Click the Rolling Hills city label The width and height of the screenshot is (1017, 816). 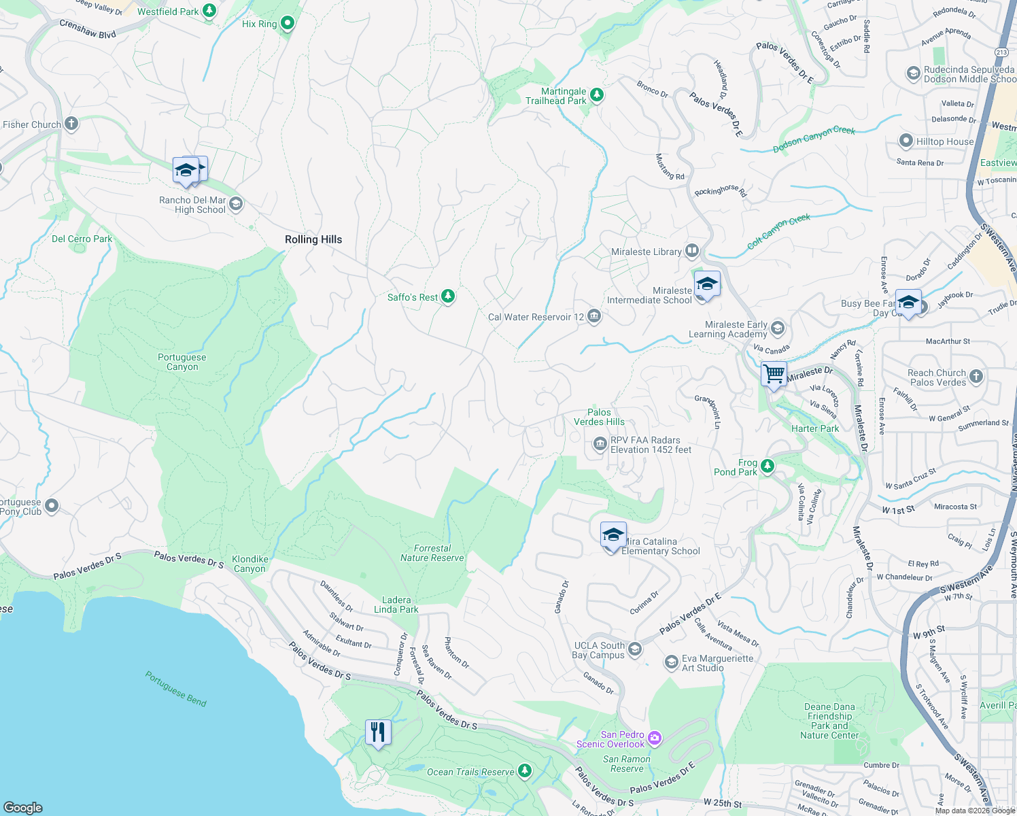(x=313, y=239)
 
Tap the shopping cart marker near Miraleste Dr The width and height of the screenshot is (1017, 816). (x=774, y=374)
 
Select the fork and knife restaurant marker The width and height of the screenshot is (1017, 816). (x=378, y=732)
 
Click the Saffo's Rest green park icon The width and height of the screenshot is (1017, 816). (x=447, y=296)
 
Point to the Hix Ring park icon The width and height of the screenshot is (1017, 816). (x=288, y=24)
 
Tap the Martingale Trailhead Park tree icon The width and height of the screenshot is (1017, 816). (x=597, y=95)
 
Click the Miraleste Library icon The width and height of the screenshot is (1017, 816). (x=692, y=251)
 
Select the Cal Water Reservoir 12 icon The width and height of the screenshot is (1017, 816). (x=594, y=316)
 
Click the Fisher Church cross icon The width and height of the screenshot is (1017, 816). (x=71, y=124)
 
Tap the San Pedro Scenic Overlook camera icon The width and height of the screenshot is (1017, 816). (x=655, y=738)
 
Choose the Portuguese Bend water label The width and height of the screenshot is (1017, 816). (x=175, y=689)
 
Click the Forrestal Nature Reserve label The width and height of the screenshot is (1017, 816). (x=432, y=553)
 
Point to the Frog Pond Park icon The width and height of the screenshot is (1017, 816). (x=768, y=466)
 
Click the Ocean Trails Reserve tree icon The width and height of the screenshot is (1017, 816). (x=524, y=770)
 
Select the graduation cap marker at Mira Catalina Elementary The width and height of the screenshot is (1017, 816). (x=613, y=535)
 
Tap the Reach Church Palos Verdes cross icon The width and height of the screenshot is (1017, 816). (x=976, y=376)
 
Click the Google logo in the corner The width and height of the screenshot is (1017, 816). (x=23, y=807)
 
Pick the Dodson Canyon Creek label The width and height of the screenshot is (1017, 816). (x=814, y=139)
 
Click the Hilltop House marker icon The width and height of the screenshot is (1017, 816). (x=906, y=141)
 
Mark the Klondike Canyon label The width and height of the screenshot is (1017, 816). (x=250, y=564)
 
